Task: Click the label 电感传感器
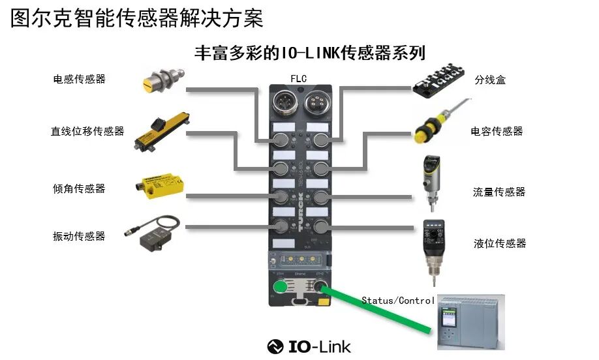79,79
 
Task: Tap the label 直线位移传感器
87,131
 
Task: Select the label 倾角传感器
79,188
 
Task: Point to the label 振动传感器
79,235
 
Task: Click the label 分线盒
490,80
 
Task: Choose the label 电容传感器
497,131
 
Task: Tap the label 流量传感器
499,192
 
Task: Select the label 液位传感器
500,243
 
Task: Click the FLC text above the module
298,79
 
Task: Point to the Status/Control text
398,301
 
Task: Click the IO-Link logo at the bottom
309,346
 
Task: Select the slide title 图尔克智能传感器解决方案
137,18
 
